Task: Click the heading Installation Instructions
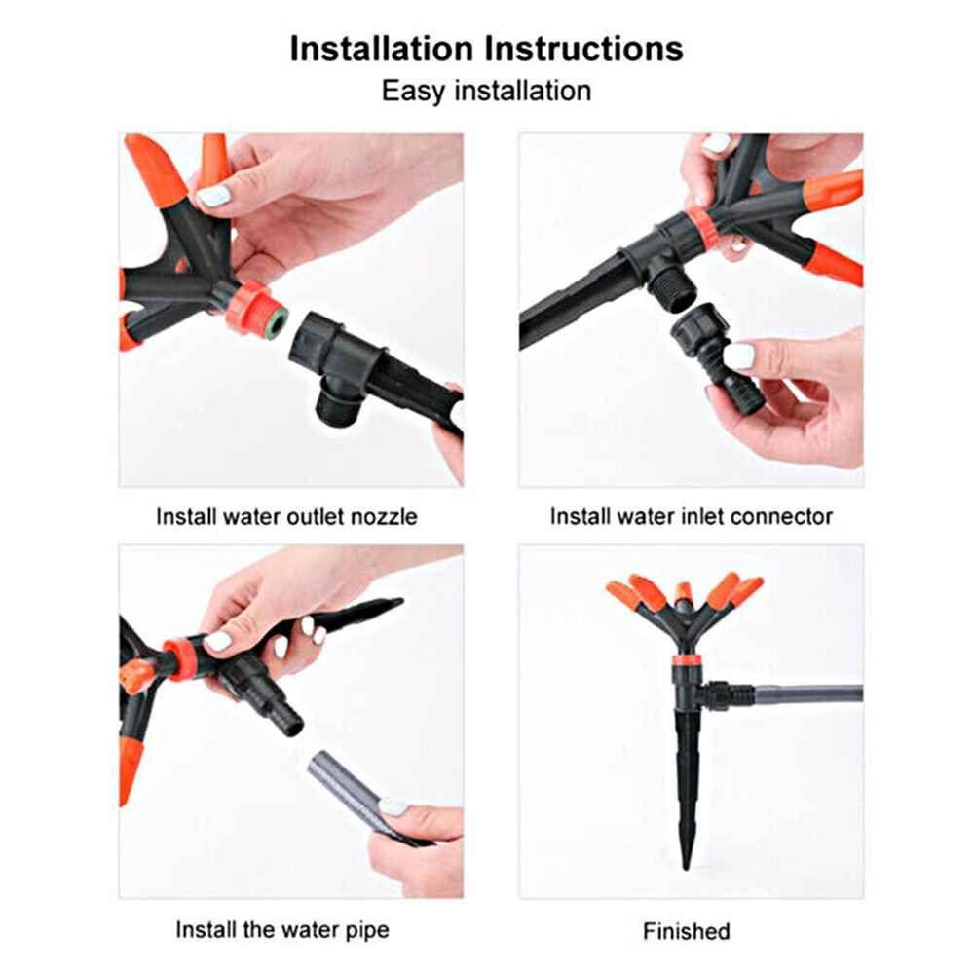coord(486,49)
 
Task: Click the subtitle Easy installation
coord(486,92)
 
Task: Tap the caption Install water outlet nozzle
coord(286,516)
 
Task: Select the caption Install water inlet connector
coord(691,516)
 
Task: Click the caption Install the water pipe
coord(282,929)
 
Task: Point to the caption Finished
coord(686,931)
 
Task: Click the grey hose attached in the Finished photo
coord(808,695)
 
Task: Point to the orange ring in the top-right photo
coord(699,226)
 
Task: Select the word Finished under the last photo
coord(686,931)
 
